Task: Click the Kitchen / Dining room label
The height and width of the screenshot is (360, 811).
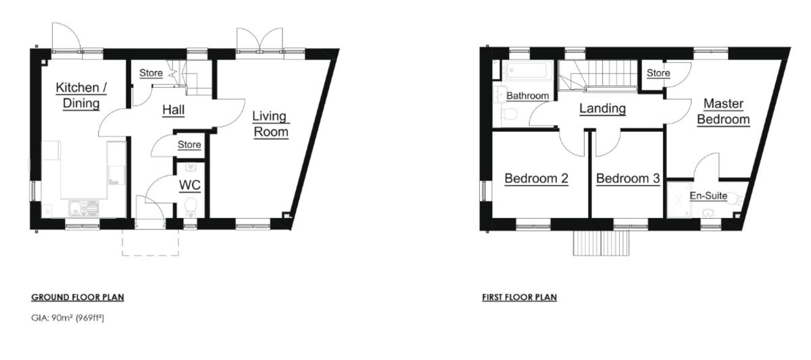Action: click(x=81, y=95)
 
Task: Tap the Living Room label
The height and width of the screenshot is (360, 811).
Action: click(x=271, y=124)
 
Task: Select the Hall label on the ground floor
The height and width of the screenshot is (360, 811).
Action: click(x=174, y=109)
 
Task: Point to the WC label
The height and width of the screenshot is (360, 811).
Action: click(x=190, y=185)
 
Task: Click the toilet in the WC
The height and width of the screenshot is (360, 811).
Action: click(x=191, y=207)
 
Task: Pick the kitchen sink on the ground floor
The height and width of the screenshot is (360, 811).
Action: click(x=83, y=209)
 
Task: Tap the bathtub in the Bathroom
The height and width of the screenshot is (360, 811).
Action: click(x=529, y=70)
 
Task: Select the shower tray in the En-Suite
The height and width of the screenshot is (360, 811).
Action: click(x=679, y=200)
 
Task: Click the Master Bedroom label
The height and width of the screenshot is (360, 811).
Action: click(x=723, y=111)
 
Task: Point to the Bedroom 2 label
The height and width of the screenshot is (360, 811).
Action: click(x=536, y=178)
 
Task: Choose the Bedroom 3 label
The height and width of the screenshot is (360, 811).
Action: click(x=628, y=178)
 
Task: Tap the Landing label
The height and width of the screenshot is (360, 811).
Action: click(x=602, y=108)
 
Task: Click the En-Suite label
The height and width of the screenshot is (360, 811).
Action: click(x=708, y=196)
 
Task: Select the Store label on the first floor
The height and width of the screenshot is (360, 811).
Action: click(x=658, y=73)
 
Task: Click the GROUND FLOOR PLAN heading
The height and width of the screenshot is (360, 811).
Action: click(x=78, y=297)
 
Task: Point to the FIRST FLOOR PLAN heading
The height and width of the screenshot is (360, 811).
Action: click(x=519, y=297)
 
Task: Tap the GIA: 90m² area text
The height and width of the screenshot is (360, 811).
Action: click(x=68, y=318)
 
